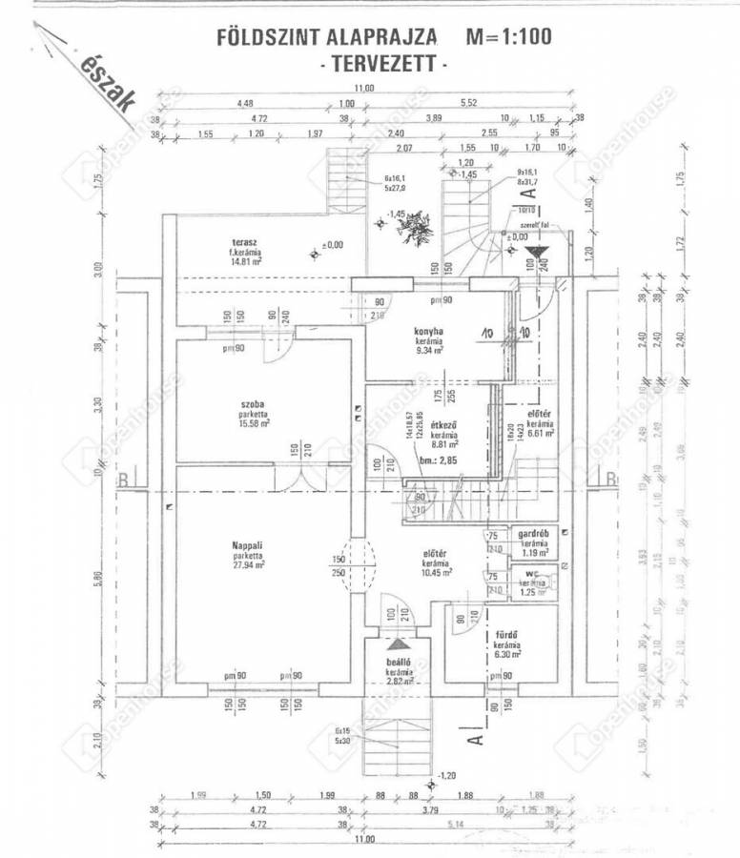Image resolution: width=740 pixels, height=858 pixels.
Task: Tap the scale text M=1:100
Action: point(507,38)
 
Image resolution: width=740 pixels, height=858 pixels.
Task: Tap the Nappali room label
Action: point(247,545)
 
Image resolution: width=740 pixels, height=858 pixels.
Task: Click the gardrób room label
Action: point(532,534)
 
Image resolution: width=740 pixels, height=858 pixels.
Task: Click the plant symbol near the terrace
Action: point(417,226)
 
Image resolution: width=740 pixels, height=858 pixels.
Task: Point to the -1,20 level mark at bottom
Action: point(448,775)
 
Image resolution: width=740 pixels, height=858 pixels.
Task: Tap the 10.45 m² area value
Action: point(437,572)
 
